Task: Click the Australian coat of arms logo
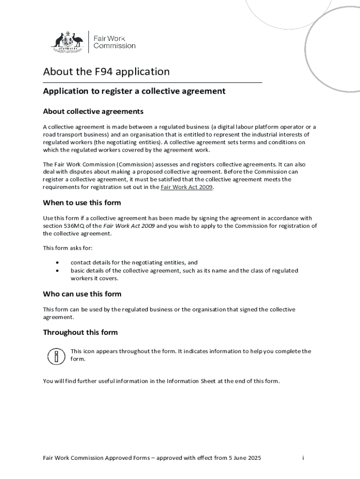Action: [67, 41]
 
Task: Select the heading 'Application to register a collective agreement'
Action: [134, 91]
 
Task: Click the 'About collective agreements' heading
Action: [93, 111]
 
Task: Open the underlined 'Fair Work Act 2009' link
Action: [187, 187]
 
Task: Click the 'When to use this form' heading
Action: [82, 203]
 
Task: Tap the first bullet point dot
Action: [57, 263]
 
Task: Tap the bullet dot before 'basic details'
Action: [57, 271]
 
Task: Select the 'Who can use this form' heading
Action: [82, 294]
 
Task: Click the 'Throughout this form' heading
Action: [80, 332]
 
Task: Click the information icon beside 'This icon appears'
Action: [56, 356]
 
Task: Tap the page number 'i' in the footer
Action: [303, 457]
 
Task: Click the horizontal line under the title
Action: [152, 82]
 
